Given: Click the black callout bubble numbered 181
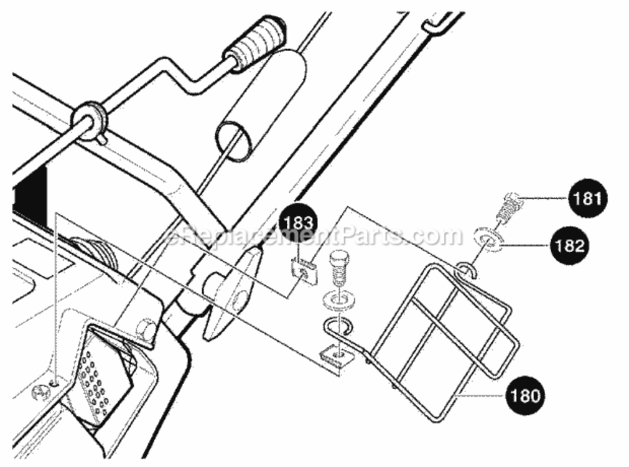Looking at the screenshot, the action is [587, 198].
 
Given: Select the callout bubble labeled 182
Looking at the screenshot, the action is [570, 245].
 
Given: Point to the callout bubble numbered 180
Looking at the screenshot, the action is [524, 395].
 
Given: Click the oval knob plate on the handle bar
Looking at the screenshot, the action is [233, 294].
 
